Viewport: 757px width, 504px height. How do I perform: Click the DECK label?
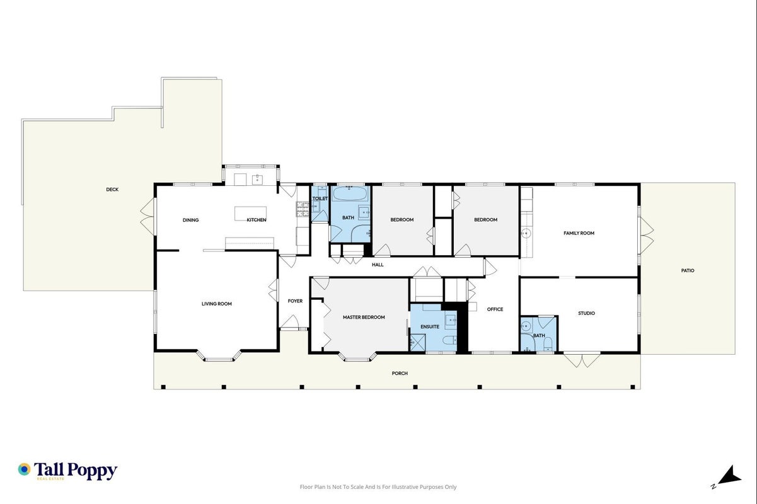point(112,190)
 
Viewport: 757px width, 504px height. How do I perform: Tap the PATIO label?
point(688,270)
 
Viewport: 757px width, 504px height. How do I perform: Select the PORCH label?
point(400,373)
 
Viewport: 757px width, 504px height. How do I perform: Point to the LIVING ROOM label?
point(217,304)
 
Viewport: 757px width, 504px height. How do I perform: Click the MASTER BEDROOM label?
point(364,317)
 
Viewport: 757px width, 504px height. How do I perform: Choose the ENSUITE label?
point(430,326)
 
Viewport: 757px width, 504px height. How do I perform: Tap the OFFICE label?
point(495,309)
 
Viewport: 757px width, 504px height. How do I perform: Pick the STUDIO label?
point(586,313)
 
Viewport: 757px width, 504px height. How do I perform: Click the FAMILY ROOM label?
point(579,233)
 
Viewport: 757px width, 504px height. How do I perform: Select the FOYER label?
point(295,301)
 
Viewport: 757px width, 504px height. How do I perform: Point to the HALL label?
point(378,265)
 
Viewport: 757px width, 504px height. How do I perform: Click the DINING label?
point(190,220)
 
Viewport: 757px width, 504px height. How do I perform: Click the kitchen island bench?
point(250,214)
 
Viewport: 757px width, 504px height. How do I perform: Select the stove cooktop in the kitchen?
point(303,209)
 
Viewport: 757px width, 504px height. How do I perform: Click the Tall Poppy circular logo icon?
point(24,469)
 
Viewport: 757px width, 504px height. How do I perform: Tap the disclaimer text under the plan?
point(378,487)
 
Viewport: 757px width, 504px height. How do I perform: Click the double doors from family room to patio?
point(646,236)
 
